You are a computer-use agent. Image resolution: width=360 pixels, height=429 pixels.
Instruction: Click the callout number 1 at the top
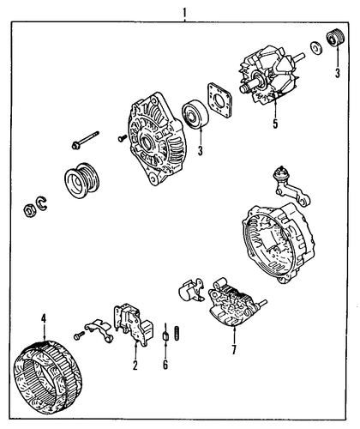pyautogui.click(x=184, y=13)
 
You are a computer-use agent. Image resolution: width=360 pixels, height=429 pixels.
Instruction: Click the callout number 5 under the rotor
pyautogui.click(x=275, y=124)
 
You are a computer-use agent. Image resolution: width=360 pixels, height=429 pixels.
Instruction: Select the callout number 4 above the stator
pyautogui.click(x=44, y=318)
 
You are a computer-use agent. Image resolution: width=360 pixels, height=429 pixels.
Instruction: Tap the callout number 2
pyautogui.click(x=135, y=366)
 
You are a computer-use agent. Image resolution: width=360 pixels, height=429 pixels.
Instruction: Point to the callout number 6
pyautogui.click(x=165, y=365)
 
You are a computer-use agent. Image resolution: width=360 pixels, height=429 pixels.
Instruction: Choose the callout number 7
pyautogui.click(x=234, y=350)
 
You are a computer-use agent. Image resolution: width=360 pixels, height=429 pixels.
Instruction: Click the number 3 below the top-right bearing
pyautogui.click(x=338, y=73)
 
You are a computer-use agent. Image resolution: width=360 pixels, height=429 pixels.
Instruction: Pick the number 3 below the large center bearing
pyautogui.click(x=201, y=150)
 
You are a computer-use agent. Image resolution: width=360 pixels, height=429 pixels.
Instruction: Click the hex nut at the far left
pyautogui.click(x=29, y=211)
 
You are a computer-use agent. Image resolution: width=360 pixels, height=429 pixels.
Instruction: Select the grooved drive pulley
pyautogui.click(x=82, y=180)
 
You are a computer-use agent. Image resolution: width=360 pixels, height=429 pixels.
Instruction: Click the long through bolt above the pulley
pyautogui.click(x=86, y=140)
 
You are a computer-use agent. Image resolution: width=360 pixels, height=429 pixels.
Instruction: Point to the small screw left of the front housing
pyautogui.click(x=123, y=138)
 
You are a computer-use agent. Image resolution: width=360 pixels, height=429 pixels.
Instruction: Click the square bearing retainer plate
pyautogui.click(x=219, y=100)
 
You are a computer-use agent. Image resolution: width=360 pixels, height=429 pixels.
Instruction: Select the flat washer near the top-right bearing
pyautogui.click(x=316, y=48)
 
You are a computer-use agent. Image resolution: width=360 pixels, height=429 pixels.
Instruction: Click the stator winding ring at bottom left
pyautogui.click(x=48, y=378)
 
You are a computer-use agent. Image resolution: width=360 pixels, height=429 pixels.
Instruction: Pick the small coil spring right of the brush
pyautogui.click(x=177, y=333)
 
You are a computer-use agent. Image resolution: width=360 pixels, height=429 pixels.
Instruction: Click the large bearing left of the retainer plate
pyautogui.click(x=195, y=114)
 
